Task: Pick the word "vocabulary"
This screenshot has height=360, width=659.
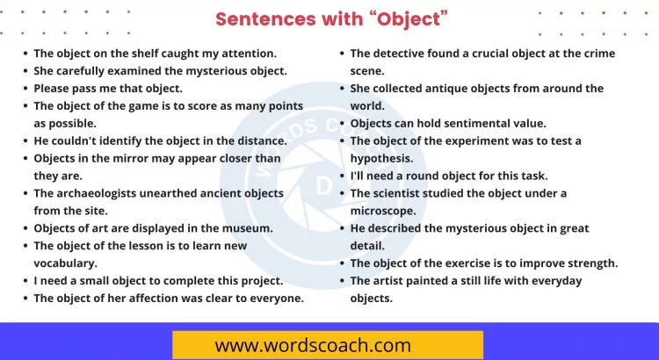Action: point(65,263)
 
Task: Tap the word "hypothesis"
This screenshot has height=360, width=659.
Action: point(381,158)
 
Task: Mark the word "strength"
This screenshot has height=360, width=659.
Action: point(593,263)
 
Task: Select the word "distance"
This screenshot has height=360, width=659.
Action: point(257,140)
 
